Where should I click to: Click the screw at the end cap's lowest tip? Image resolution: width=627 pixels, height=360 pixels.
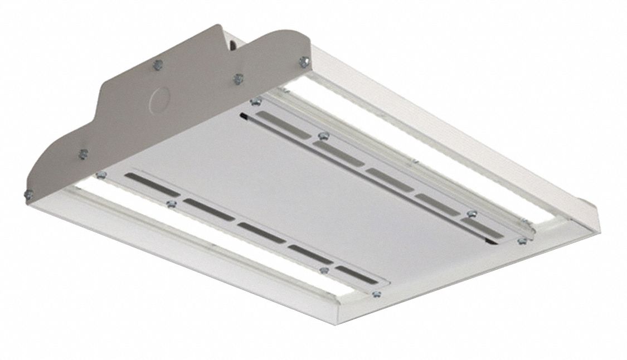[x=28, y=193]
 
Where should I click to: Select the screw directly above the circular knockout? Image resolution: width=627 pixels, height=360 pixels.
[x=157, y=64]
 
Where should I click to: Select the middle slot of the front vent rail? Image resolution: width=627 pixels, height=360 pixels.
[x=261, y=232]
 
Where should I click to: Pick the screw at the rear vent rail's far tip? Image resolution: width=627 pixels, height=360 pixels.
[x=522, y=241]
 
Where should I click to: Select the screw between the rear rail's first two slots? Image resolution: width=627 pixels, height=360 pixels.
[x=320, y=135]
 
